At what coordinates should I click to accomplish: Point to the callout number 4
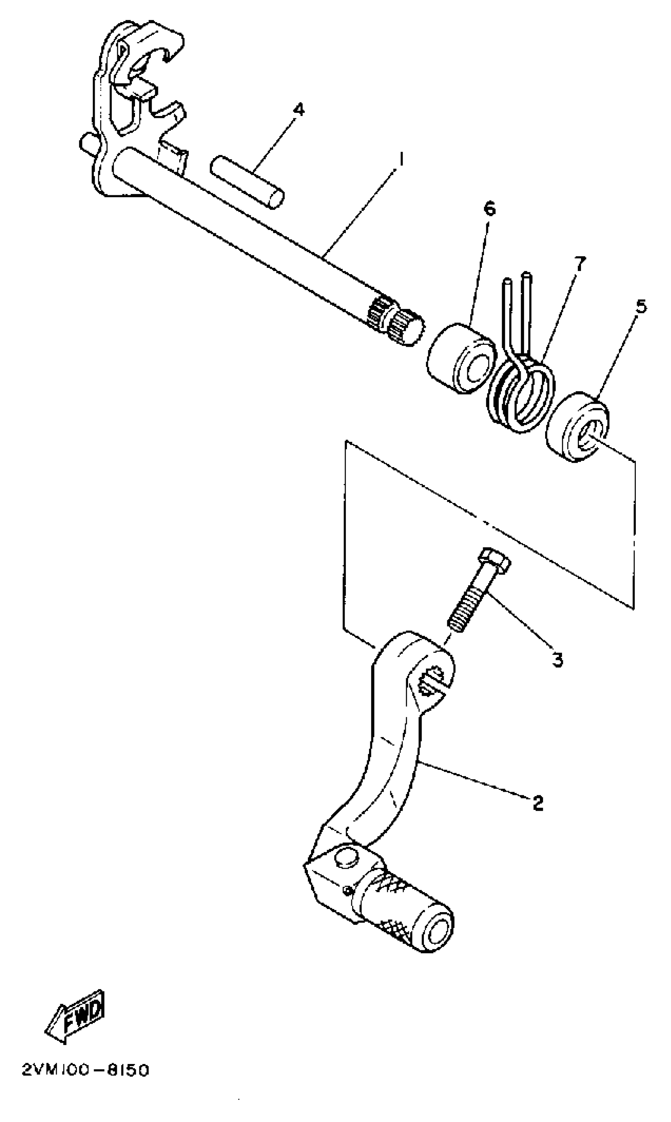pos(298,109)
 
